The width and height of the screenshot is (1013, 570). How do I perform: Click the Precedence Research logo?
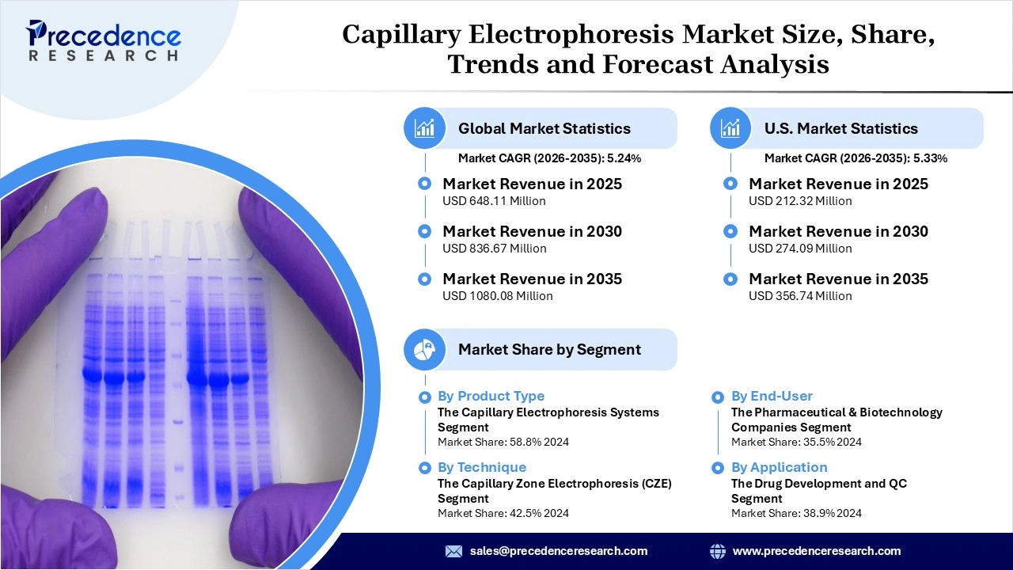pos(104,40)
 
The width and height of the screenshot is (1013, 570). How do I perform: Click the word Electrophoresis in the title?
pos(613,36)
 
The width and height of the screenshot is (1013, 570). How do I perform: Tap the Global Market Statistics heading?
pos(544,128)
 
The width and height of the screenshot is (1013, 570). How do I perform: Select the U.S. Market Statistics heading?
pos(840,128)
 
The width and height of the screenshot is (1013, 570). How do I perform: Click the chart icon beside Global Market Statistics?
pos(425,128)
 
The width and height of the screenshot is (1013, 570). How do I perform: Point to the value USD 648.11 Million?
pos(494,201)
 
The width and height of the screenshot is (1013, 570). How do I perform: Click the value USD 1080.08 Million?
pos(497,296)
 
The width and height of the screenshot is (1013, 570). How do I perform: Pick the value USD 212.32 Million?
pos(800,201)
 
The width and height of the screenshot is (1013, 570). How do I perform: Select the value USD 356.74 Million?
pos(800,296)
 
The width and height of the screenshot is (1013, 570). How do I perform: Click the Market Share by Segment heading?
pos(549,349)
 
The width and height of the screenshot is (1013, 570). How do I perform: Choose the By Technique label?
pos(481,467)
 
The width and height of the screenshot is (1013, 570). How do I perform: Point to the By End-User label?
pos(772,396)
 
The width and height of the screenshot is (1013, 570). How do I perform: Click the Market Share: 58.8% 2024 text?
pos(503,442)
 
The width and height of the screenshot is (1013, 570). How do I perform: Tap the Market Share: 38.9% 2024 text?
pos(796,513)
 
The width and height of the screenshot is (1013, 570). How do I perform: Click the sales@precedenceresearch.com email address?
pos(558,551)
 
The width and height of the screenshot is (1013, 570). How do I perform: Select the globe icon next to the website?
pos(718,551)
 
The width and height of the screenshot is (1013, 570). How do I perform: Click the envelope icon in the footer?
pos(453,551)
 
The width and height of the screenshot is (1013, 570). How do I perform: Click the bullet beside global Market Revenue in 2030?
pos(425,231)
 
